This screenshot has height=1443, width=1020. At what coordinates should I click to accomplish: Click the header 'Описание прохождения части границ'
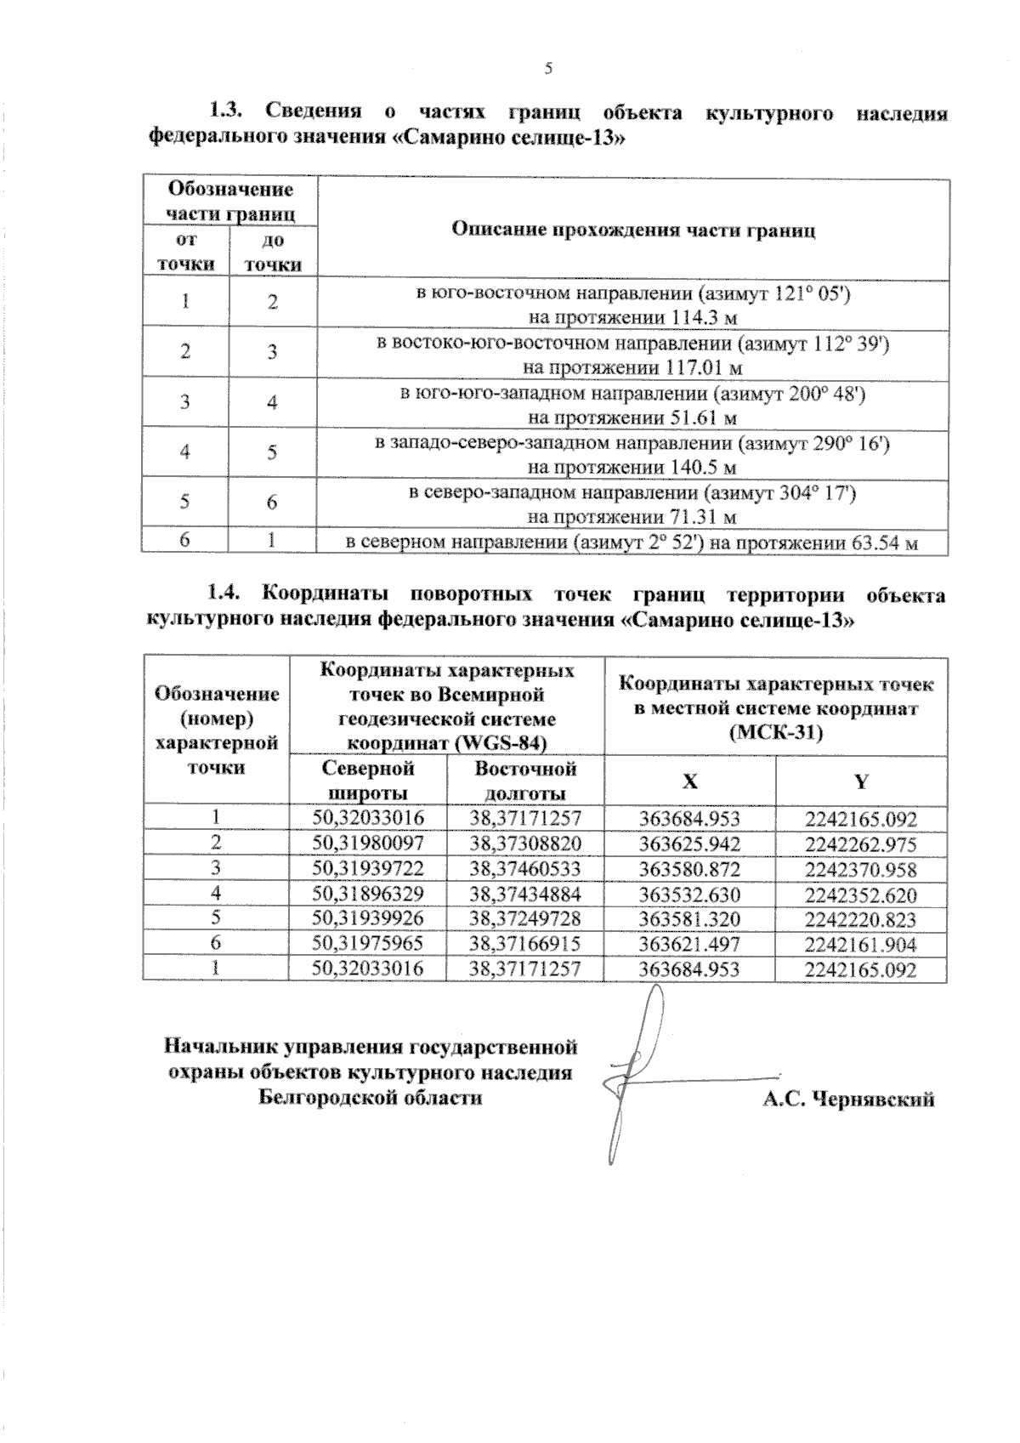click(633, 230)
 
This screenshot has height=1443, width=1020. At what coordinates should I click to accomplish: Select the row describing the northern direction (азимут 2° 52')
click(632, 542)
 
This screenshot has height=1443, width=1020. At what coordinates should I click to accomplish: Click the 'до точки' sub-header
click(273, 253)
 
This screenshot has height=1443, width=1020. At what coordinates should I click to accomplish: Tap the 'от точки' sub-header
click(184, 253)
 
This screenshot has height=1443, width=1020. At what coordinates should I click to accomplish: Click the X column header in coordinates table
click(690, 781)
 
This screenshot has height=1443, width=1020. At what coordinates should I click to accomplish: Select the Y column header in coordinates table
click(861, 781)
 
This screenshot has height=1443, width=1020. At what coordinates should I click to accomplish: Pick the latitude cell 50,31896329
click(368, 894)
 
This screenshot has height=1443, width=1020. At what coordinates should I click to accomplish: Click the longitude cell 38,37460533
click(525, 869)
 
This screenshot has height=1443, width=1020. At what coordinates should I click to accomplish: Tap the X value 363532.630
click(689, 895)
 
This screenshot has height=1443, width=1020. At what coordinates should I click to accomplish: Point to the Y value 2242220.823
click(861, 919)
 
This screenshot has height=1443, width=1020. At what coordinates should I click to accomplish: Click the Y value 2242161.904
click(861, 944)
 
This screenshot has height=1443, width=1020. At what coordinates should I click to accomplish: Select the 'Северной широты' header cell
click(368, 781)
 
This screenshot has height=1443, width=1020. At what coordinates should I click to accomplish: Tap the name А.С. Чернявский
click(847, 1099)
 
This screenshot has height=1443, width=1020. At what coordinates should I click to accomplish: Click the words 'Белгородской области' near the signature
click(371, 1097)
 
